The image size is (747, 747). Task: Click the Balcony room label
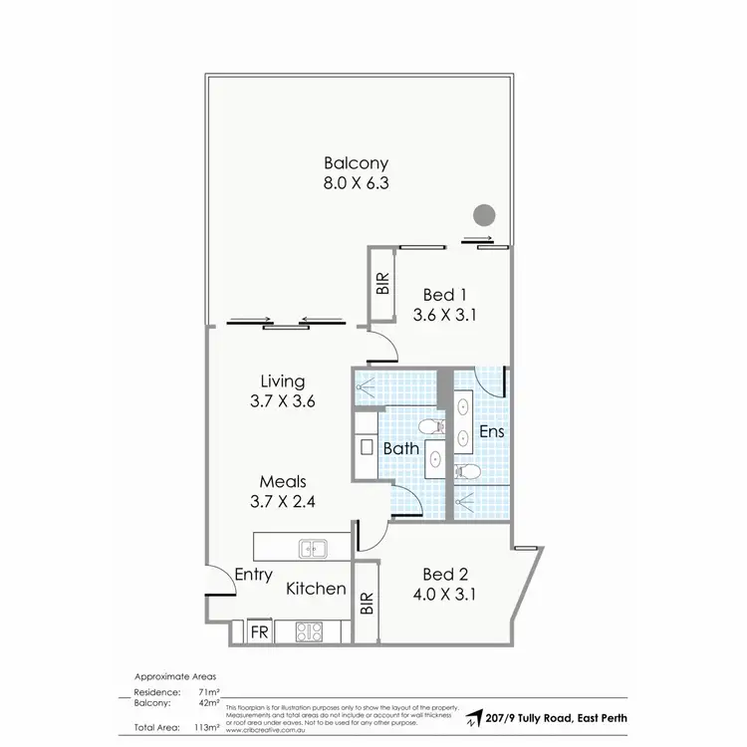[356, 163]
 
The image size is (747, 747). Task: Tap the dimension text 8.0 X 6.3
[356, 185]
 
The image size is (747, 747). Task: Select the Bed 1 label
[445, 295]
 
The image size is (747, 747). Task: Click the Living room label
[282, 380]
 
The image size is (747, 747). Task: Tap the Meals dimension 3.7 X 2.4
[283, 503]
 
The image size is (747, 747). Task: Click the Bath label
[400, 448]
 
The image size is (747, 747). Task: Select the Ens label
[491, 432]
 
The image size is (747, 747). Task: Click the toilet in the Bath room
[431, 427]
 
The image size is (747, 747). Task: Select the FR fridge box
[257, 631]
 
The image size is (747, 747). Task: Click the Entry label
[254, 575]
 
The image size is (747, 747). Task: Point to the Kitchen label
[316, 589]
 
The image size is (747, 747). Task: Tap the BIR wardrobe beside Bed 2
[366, 602]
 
